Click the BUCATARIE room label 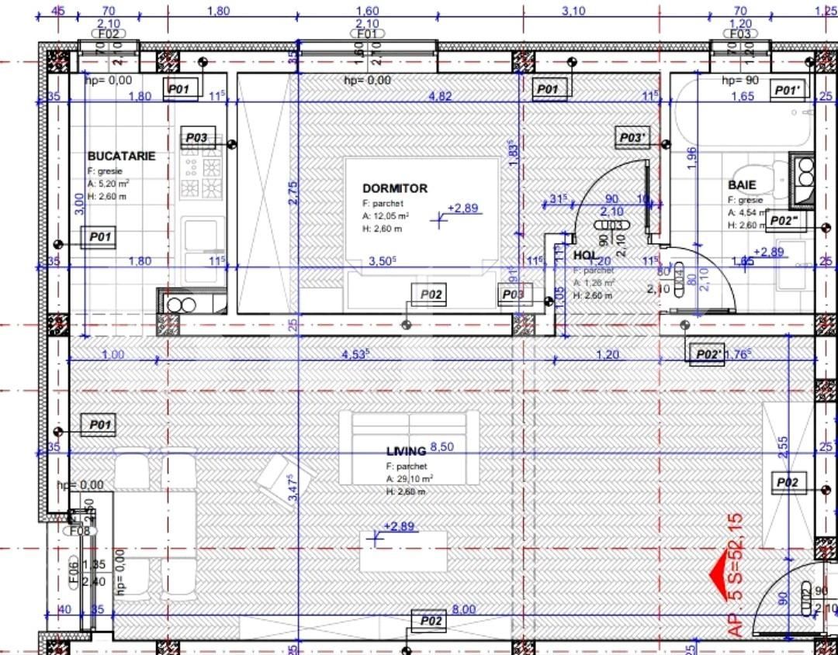tap(121, 156)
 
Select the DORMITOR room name tap(394, 188)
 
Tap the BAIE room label tap(742, 185)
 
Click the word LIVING tap(406, 451)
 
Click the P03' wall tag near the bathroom tap(632, 138)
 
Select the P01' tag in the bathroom tap(791, 91)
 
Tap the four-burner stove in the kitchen tap(201, 175)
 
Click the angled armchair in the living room tap(283, 475)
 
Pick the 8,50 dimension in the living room tap(442, 447)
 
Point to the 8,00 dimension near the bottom tap(464, 610)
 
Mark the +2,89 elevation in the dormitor tap(465, 209)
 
